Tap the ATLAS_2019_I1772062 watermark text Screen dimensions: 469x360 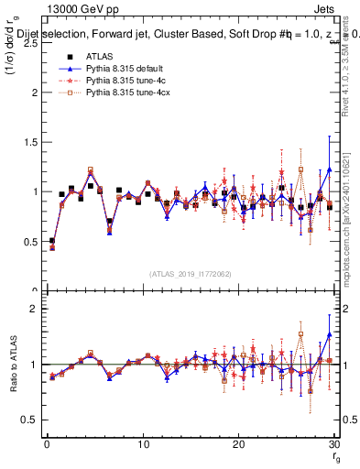(x=190, y=274)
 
